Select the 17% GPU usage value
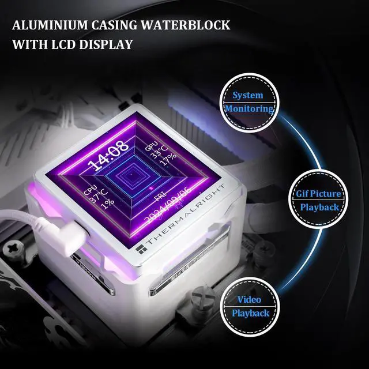tap(168, 163)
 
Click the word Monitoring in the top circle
tap(249, 109)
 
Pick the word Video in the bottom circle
tap(249, 300)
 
